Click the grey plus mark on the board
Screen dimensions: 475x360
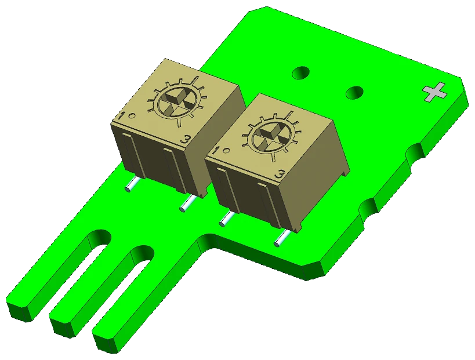pos(435,92)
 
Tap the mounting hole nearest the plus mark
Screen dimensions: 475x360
pos(354,92)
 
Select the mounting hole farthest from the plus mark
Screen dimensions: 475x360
pos(300,72)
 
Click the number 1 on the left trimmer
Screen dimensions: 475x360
pos(122,116)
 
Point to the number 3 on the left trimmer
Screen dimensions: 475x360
pos(186,140)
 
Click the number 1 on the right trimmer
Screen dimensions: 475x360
pos(216,151)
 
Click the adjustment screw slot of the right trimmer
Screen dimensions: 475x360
pos(269,138)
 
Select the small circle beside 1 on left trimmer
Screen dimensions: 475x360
pos(132,115)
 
